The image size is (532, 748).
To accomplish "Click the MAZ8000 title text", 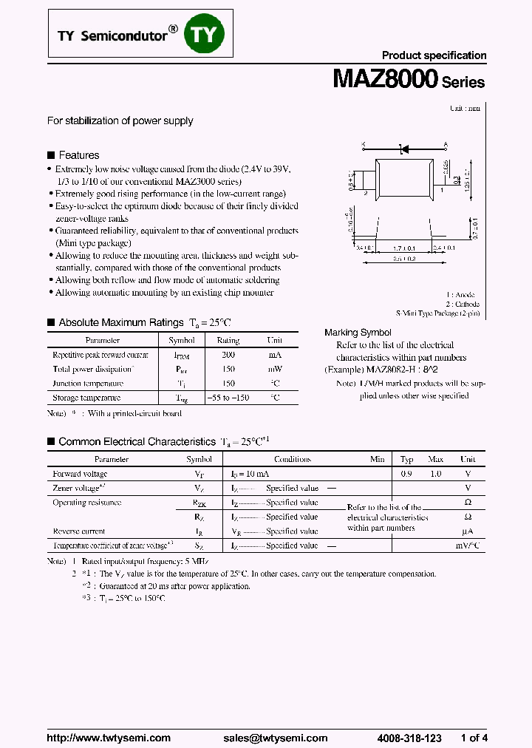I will click(386, 80).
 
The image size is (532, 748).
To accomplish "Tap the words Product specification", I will click(434, 55).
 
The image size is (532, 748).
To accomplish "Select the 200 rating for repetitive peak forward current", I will click(228, 355).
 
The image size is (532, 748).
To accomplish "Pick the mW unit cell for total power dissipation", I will click(275, 369).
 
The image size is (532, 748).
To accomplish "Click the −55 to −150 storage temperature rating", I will click(228, 398).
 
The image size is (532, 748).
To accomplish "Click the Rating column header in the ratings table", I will click(228, 341).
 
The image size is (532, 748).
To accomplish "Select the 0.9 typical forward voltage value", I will click(406, 474).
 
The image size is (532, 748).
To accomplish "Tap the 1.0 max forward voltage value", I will click(436, 474).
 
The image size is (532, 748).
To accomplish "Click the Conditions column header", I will click(293, 459).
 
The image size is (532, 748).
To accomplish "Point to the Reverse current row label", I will click(79, 531).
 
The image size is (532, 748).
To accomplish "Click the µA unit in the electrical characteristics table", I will click(467, 531).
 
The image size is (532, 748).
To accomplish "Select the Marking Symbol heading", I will click(358, 333).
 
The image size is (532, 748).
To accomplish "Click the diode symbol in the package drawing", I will click(404, 149).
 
